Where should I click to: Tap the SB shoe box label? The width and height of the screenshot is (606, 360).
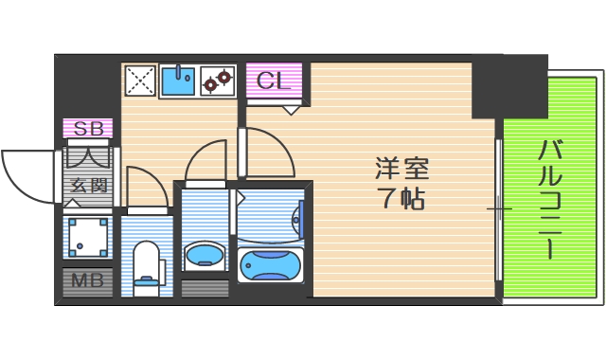click(x=88, y=128)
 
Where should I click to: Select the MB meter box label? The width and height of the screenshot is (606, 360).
click(x=88, y=280)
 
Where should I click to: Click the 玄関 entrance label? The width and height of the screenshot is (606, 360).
click(x=88, y=186)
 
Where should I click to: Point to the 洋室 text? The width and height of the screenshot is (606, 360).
click(x=401, y=171)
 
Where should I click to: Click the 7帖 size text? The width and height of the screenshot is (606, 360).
click(x=401, y=200)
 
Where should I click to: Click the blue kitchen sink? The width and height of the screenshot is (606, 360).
click(x=177, y=81)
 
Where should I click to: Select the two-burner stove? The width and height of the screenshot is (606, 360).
click(x=218, y=81)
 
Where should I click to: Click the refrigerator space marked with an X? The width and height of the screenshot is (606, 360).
click(x=140, y=81)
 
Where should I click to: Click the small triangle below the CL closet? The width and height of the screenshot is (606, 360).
click(x=292, y=109)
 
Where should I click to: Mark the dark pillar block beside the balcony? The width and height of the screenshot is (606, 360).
click(x=510, y=85)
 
